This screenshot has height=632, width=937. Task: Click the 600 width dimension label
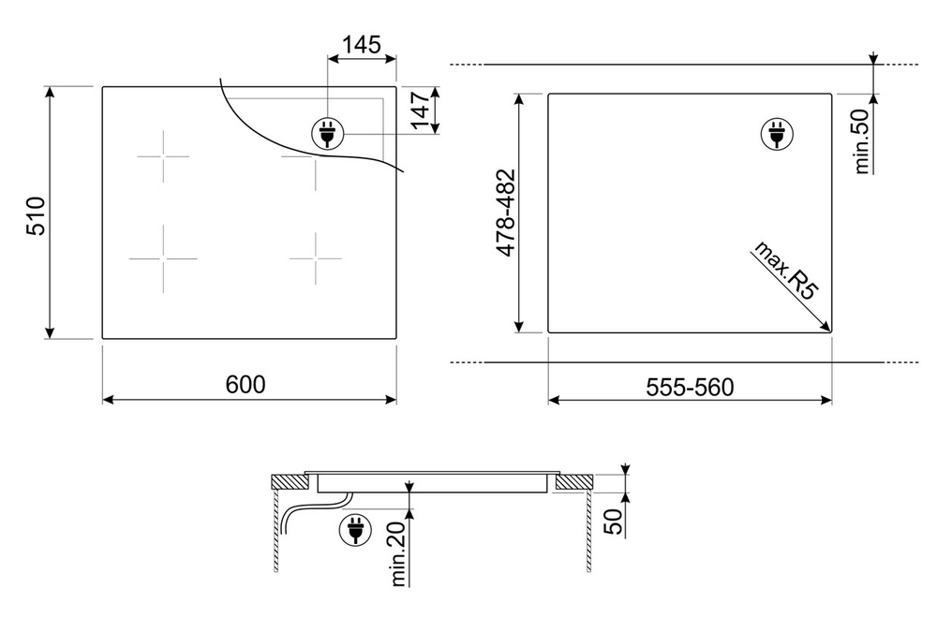(x=245, y=384)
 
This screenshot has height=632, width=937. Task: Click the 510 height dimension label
(x=36, y=215)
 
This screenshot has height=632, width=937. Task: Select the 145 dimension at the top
(x=362, y=44)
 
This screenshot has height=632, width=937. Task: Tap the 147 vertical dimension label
(x=422, y=110)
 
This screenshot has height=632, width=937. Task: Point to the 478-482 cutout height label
(x=506, y=213)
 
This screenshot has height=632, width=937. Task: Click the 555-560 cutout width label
(x=690, y=387)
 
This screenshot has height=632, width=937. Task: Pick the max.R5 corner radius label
(x=786, y=270)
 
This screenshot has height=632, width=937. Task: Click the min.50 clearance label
(x=861, y=141)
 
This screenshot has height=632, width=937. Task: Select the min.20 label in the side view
(x=398, y=552)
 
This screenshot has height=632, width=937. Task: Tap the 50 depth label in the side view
(x=614, y=522)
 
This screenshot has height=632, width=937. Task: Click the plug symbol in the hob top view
(x=327, y=132)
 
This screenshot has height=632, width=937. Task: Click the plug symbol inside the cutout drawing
(x=777, y=134)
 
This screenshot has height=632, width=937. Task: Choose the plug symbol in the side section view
(x=355, y=530)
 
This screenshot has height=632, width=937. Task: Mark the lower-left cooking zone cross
(x=163, y=258)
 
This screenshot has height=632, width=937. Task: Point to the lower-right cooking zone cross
(x=316, y=258)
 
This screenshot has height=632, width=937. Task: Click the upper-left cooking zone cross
(x=163, y=156)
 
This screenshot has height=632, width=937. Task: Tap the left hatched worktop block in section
(x=290, y=483)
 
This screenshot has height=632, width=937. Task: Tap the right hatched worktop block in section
(x=574, y=483)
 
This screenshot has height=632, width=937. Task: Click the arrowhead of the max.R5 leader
(x=825, y=326)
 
